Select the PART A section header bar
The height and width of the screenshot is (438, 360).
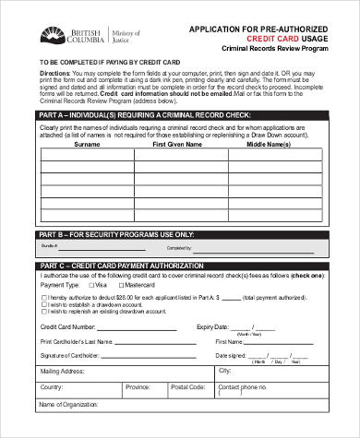(x=181, y=114)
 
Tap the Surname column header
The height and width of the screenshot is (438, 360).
(x=87, y=145)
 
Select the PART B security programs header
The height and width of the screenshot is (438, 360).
(x=181, y=234)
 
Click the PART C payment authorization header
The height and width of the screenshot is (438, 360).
(x=181, y=266)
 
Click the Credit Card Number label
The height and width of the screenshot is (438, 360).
(x=67, y=326)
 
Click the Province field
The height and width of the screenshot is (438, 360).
(x=161, y=388)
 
